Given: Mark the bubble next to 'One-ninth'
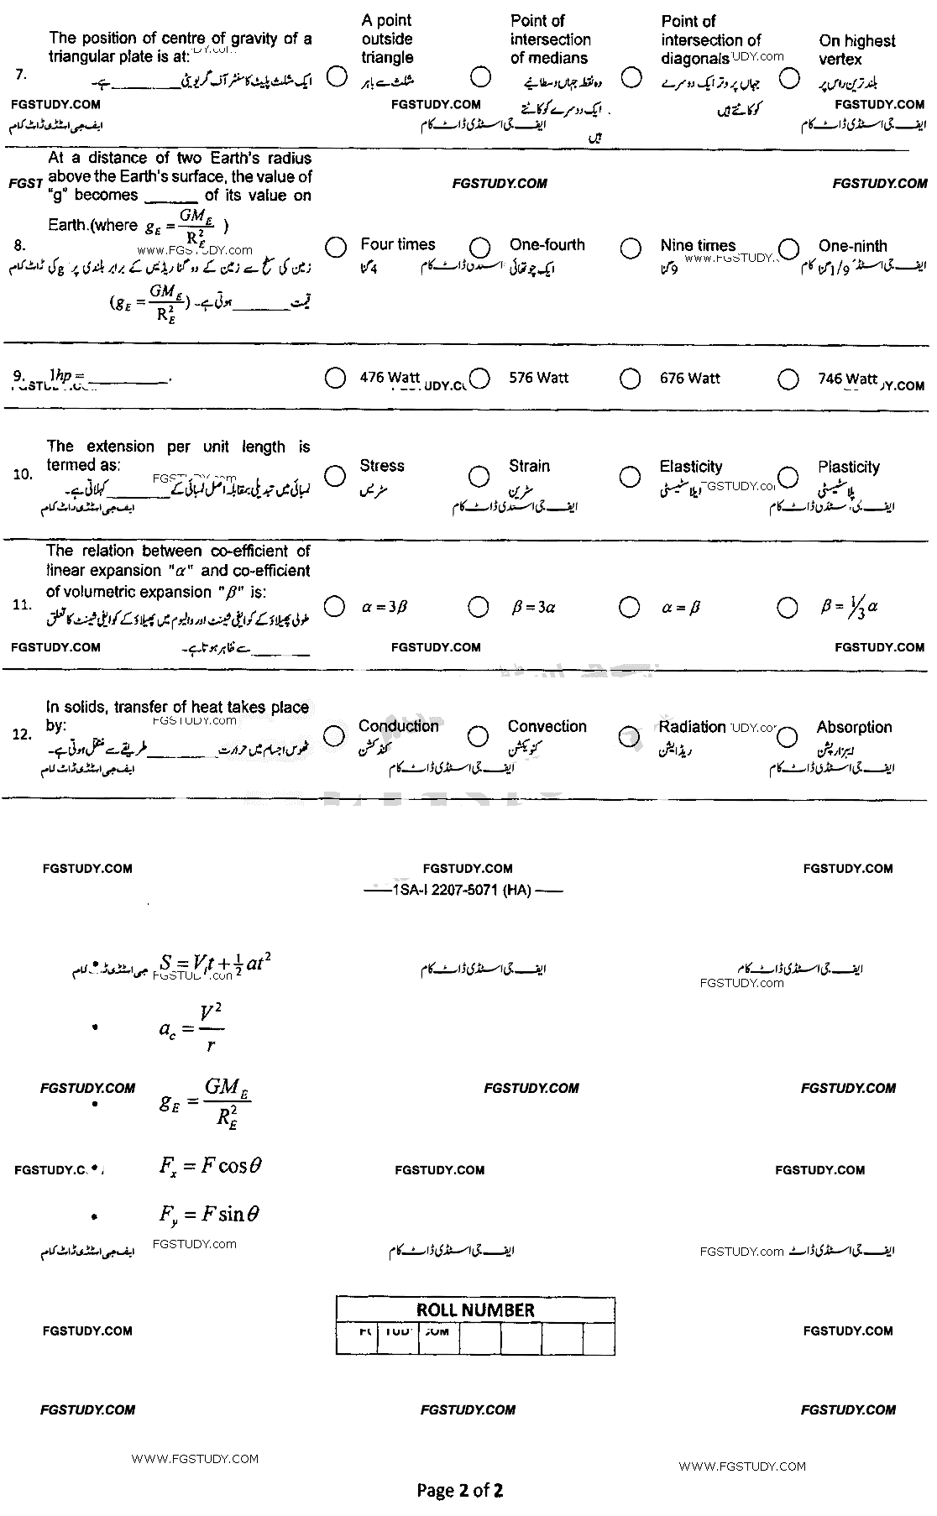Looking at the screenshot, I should pyautogui.click(x=788, y=248).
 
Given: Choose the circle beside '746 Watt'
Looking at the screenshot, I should pyautogui.click(x=788, y=379).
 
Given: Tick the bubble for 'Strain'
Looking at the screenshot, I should pyautogui.click(x=479, y=477).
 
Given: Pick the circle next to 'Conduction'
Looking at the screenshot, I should pyautogui.click(x=334, y=736).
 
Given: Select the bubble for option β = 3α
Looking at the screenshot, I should pyautogui.click(x=478, y=607).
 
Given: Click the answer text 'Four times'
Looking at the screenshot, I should pyautogui.click(x=398, y=244).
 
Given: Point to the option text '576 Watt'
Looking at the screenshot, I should pyautogui.click(x=538, y=379).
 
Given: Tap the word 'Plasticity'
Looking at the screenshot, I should pyautogui.click(x=849, y=467).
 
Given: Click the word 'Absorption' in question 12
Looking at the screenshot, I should pyautogui.click(x=854, y=727).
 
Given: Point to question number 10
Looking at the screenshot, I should pyautogui.click(x=23, y=475).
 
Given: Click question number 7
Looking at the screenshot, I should pyautogui.click(x=21, y=75).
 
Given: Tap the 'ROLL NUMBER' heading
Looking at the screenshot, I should pyautogui.click(x=475, y=1310).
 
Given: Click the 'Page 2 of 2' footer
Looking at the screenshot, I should pyautogui.click(x=460, y=1491).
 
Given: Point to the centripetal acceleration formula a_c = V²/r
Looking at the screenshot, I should pyautogui.click(x=192, y=1027).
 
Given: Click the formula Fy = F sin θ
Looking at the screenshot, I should pyautogui.click(x=209, y=1214).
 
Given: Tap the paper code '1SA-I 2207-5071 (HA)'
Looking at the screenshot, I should pyautogui.click(x=462, y=891).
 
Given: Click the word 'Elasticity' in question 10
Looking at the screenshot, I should pyautogui.click(x=690, y=467).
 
